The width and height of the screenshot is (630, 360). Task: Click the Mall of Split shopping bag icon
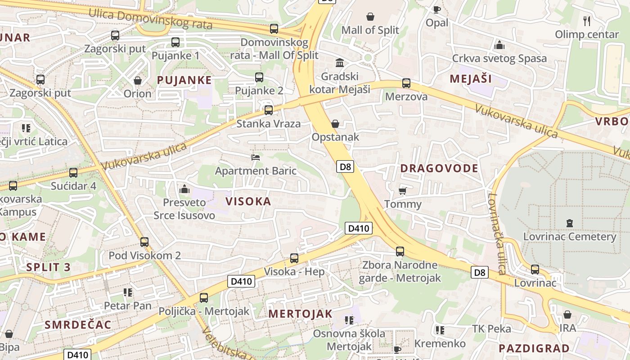pos(370,17)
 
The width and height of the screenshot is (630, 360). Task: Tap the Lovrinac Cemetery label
pos(569,236)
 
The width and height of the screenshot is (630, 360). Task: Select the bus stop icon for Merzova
pos(406,83)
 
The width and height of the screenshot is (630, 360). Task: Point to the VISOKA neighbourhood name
pos(248,201)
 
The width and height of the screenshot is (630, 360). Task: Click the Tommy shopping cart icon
pos(403,191)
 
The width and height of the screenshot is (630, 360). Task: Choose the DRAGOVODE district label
pos(439,168)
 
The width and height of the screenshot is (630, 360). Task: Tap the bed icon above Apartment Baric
pos(256,157)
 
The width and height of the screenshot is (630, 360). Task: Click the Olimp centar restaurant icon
pos(587,21)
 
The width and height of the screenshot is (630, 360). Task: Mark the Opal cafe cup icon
pos(436,9)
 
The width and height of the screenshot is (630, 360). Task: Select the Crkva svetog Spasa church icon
pos(499,45)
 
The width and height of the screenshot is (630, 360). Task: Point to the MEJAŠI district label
pos(471,79)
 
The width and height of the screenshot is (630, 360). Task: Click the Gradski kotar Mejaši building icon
pos(340,63)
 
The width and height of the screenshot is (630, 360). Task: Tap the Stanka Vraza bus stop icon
pos(269,110)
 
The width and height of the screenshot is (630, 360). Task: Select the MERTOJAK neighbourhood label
pos(300,314)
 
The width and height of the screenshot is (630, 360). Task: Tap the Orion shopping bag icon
pos(138,81)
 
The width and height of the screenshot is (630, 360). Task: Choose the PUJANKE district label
pos(184,80)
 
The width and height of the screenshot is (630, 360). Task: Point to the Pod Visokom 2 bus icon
pos(144,242)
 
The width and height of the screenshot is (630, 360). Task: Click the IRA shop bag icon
pos(567,314)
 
